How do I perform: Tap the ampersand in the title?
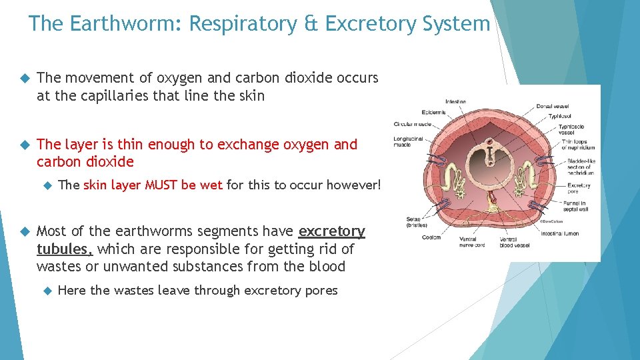(309, 24)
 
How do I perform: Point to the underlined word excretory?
(331, 231)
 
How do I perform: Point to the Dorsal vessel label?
(553, 106)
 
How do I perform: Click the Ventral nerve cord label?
(472, 241)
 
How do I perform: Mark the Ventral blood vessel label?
(513, 241)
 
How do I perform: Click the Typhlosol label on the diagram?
(560, 116)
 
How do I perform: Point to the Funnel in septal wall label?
(577, 206)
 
